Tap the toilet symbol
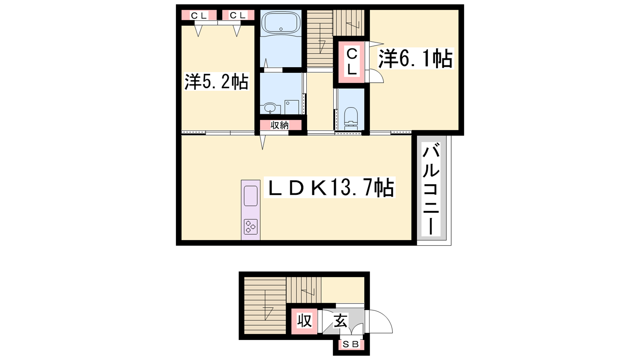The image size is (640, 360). [x=351, y=118]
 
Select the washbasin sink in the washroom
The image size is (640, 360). [x=270, y=108]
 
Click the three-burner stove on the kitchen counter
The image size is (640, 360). [x=250, y=226]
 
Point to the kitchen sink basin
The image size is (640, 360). [x=250, y=196]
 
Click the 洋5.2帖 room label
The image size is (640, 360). [x=216, y=82]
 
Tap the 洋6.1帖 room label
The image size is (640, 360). [x=416, y=58]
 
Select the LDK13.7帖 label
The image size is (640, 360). [x=329, y=188]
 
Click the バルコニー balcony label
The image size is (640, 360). [x=431, y=190]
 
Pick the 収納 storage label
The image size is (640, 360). [x=280, y=125]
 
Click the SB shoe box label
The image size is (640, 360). [x=350, y=344]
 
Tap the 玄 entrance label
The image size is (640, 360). [x=341, y=320]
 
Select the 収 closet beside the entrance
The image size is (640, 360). [x=304, y=321]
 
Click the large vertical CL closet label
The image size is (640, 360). [x=352, y=62]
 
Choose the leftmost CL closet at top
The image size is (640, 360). [x=199, y=16]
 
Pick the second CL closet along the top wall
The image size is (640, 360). [x=238, y=16]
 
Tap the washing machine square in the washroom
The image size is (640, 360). [x=292, y=107]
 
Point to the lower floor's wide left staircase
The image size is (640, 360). [x=265, y=305]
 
